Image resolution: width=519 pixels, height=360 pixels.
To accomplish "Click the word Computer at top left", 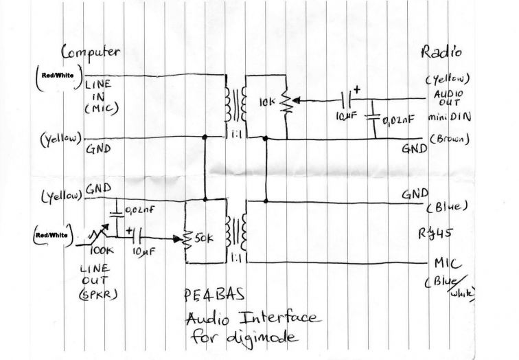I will (x=91, y=52).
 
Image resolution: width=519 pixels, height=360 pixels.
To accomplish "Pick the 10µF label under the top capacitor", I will (x=346, y=118).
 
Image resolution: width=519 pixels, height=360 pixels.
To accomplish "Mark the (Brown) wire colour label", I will (x=450, y=139).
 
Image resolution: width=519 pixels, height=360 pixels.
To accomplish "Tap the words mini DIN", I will (x=447, y=117).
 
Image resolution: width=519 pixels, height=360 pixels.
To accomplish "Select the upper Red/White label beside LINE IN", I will (x=55, y=75).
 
